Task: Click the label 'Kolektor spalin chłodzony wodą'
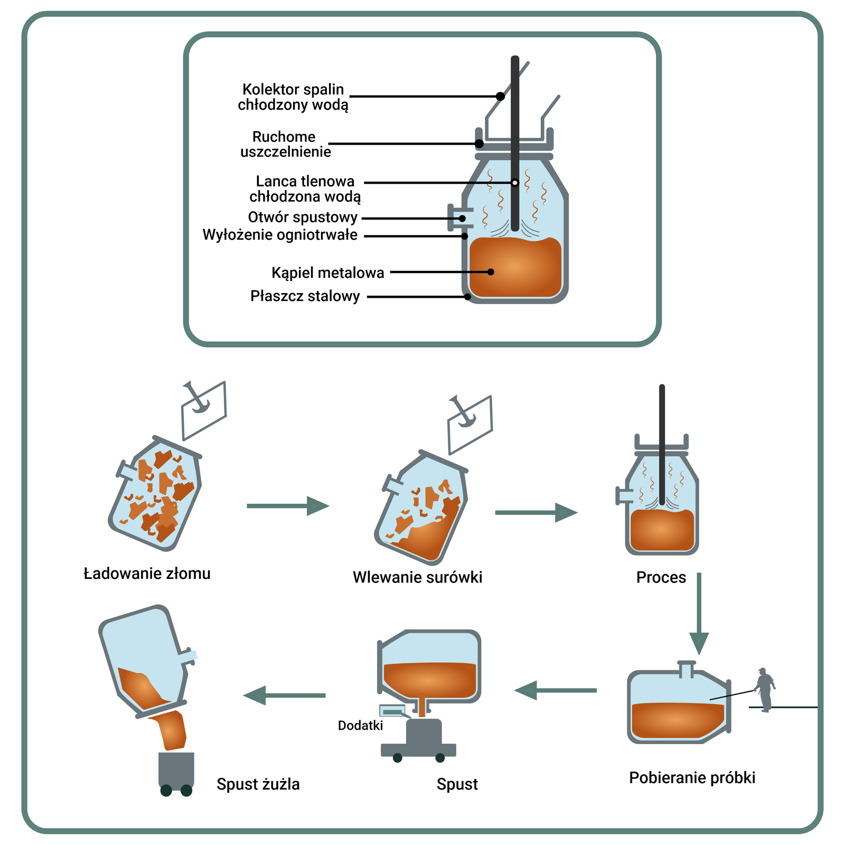click(x=293, y=97)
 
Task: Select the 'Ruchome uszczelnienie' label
click(x=285, y=144)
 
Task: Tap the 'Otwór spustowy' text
click(x=303, y=218)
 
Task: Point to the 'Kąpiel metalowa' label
click(x=327, y=273)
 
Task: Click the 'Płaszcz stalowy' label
click(x=305, y=296)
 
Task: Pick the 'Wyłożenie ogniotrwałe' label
click(x=280, y=235)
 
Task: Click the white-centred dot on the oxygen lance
click(x=515, y=183)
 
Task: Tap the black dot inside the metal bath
click(x=491, y=272)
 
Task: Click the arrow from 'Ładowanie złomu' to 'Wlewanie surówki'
click(x=288, y=506)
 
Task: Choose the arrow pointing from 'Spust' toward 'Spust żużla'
click(x=285, y=695)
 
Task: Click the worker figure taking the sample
click(x=765, y=690)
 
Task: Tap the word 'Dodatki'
click(x=360, y=726)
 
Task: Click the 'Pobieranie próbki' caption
click(x=692, y=778)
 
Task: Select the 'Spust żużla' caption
click(x=258, y=784)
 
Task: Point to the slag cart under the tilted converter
click(x=176, y=772)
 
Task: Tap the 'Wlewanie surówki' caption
click(x=417, y=577)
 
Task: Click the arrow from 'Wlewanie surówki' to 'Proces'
click(x=536, y=512)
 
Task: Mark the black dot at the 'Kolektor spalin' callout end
click(x=500, y=97)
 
